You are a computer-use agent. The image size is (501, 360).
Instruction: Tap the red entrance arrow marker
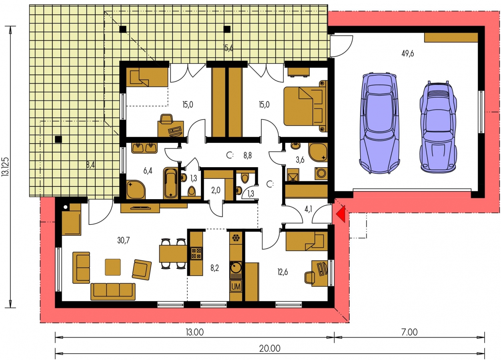pos(341,214)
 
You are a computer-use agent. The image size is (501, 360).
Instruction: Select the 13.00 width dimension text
pos(194,332)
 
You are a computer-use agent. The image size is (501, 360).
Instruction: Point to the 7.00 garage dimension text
pos(409,332)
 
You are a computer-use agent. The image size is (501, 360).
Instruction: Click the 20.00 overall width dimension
pos(270,348)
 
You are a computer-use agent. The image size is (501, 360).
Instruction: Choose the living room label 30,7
pos(124,240)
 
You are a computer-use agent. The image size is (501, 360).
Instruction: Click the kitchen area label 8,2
pos(214,268)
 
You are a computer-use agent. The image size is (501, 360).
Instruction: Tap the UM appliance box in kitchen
pos(236,286)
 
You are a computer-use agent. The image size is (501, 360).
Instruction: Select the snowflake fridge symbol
pos(236,238)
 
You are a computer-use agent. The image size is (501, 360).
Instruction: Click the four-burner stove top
pos(196,253)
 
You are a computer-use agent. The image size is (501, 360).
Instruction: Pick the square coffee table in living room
pos(113,267)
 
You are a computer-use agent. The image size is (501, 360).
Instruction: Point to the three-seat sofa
pos(113,292)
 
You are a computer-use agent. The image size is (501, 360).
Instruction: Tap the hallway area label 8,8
pos(248,155)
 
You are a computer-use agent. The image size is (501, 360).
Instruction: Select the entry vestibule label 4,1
pos(308,209)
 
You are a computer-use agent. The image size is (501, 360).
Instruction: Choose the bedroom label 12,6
pos(283,272)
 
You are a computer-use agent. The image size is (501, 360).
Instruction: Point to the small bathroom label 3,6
pos(300,160)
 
